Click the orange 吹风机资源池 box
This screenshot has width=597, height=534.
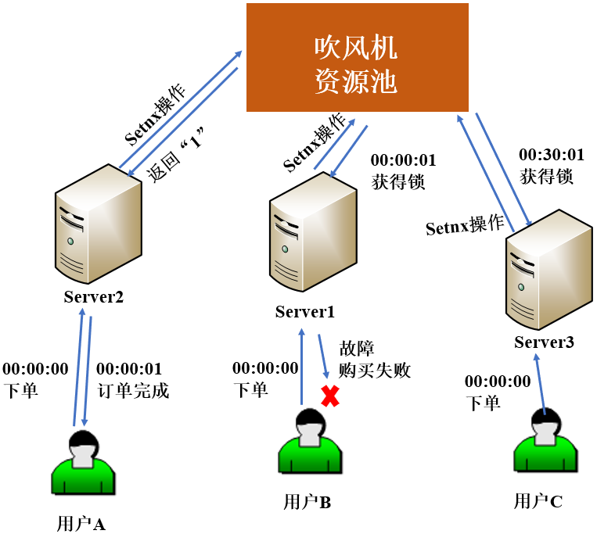pyautogui.click(x=358, y=57)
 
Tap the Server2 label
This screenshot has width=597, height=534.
pyautogui.click(x=94, y=296)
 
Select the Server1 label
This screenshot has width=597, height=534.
pyautogui.click(x=305, y=312)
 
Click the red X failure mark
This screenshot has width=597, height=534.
pyautogui.click(x=330, y=396)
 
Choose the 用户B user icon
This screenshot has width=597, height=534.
pyautogui.click(x=310, y=450)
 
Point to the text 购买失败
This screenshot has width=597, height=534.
pyautogui.click(x=374, y=370)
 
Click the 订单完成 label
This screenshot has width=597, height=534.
pyautogui.click(x=131, y=389)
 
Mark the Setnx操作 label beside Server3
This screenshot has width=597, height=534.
pyautogui.click(x=465, y=226)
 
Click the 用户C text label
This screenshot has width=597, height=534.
pyautogui.click(x=538, y=501)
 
